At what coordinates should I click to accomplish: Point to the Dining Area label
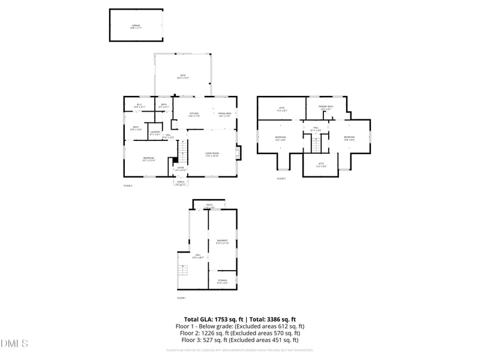(225, 114)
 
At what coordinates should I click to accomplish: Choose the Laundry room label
(155, 133)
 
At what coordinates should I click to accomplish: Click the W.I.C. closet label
(139, 106)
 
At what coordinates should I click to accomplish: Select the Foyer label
(181, 169)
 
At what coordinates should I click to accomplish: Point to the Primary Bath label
(326, 108)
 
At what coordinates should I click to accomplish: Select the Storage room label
(222, 281)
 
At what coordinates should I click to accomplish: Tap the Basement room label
(222, 242)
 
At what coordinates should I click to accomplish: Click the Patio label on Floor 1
(209, 206)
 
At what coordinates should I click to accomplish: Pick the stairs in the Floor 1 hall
(184, 274)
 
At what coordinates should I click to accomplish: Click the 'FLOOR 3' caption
(281, 178)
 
